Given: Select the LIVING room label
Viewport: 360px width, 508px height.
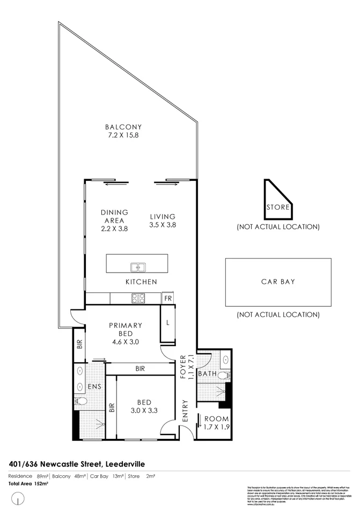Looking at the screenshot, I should [163, 217].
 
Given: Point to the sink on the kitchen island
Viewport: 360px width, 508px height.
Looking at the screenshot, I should [137, 266].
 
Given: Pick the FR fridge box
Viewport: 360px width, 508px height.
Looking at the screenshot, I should [168, 298].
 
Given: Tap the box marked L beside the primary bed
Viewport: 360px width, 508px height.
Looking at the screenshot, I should [168, 323].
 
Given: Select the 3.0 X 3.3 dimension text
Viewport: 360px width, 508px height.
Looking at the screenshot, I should [143, 411].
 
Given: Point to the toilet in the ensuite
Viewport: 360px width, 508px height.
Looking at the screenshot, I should [80, 401].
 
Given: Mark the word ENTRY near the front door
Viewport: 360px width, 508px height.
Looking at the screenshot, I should [185, 411].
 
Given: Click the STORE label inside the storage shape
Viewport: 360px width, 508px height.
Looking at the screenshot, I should [278, 207].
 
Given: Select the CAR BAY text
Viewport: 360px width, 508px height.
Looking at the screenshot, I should [278, 281].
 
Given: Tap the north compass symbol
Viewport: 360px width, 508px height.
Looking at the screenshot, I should [19, 500].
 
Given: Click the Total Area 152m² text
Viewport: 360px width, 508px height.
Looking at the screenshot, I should [27, 484].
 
